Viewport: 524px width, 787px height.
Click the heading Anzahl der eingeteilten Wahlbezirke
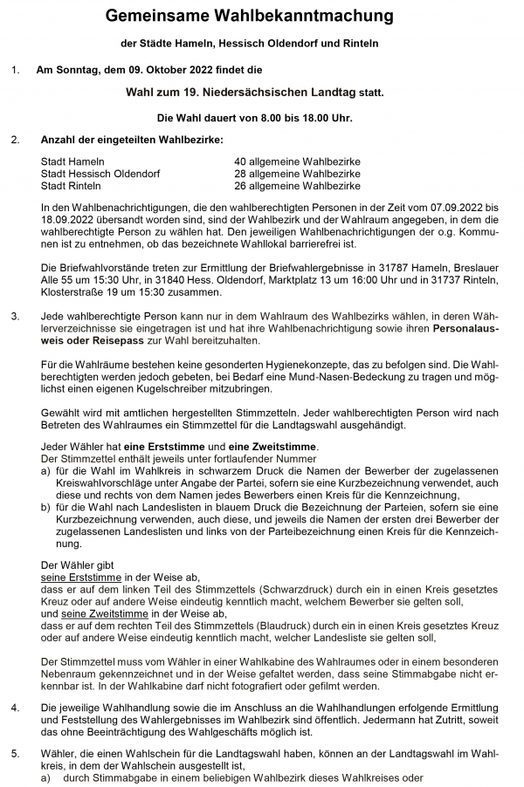click(132, 140)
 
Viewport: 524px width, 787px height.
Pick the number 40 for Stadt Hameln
click(241, 162)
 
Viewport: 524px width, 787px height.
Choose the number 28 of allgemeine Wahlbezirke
click(241, 175)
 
